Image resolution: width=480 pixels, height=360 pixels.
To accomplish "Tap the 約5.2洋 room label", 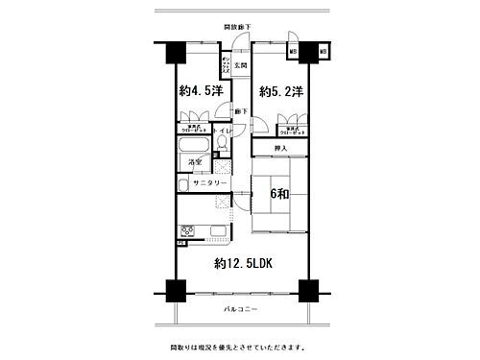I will click(x=282, y=92).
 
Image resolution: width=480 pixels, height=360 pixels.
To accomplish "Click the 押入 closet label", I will click(x=280, y=149).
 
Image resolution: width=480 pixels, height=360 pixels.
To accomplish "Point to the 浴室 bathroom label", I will click(x=192, y=163).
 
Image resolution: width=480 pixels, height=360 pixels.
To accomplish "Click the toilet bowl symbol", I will click(x=221, y=145).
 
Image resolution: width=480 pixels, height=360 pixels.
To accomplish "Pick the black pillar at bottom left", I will click(x=173, y=289).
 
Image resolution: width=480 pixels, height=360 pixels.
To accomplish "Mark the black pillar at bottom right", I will click(x=307, y=289).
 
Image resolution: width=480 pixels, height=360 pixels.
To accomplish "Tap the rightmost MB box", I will click(x=324, y=50).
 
